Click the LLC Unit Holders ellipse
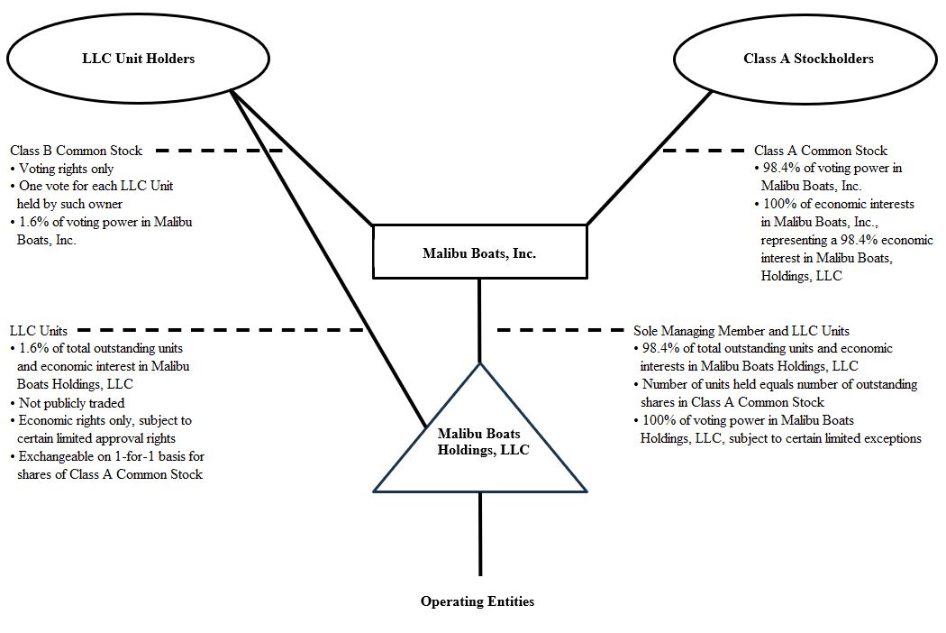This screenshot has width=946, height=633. [138, 60]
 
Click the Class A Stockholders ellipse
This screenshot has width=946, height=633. [808, 60]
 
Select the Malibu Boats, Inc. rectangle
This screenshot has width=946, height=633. [478, 253]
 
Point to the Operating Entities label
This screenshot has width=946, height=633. [477, 601]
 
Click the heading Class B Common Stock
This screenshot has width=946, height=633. [77, 151]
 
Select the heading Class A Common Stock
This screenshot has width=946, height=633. [820, 151]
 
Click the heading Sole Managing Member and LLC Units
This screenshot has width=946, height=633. [741, 331]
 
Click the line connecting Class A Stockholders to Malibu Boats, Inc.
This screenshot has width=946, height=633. [649, 158]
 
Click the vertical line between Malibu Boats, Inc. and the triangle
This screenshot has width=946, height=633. [479, 320]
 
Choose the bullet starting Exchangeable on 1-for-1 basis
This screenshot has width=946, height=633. [106, 465]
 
